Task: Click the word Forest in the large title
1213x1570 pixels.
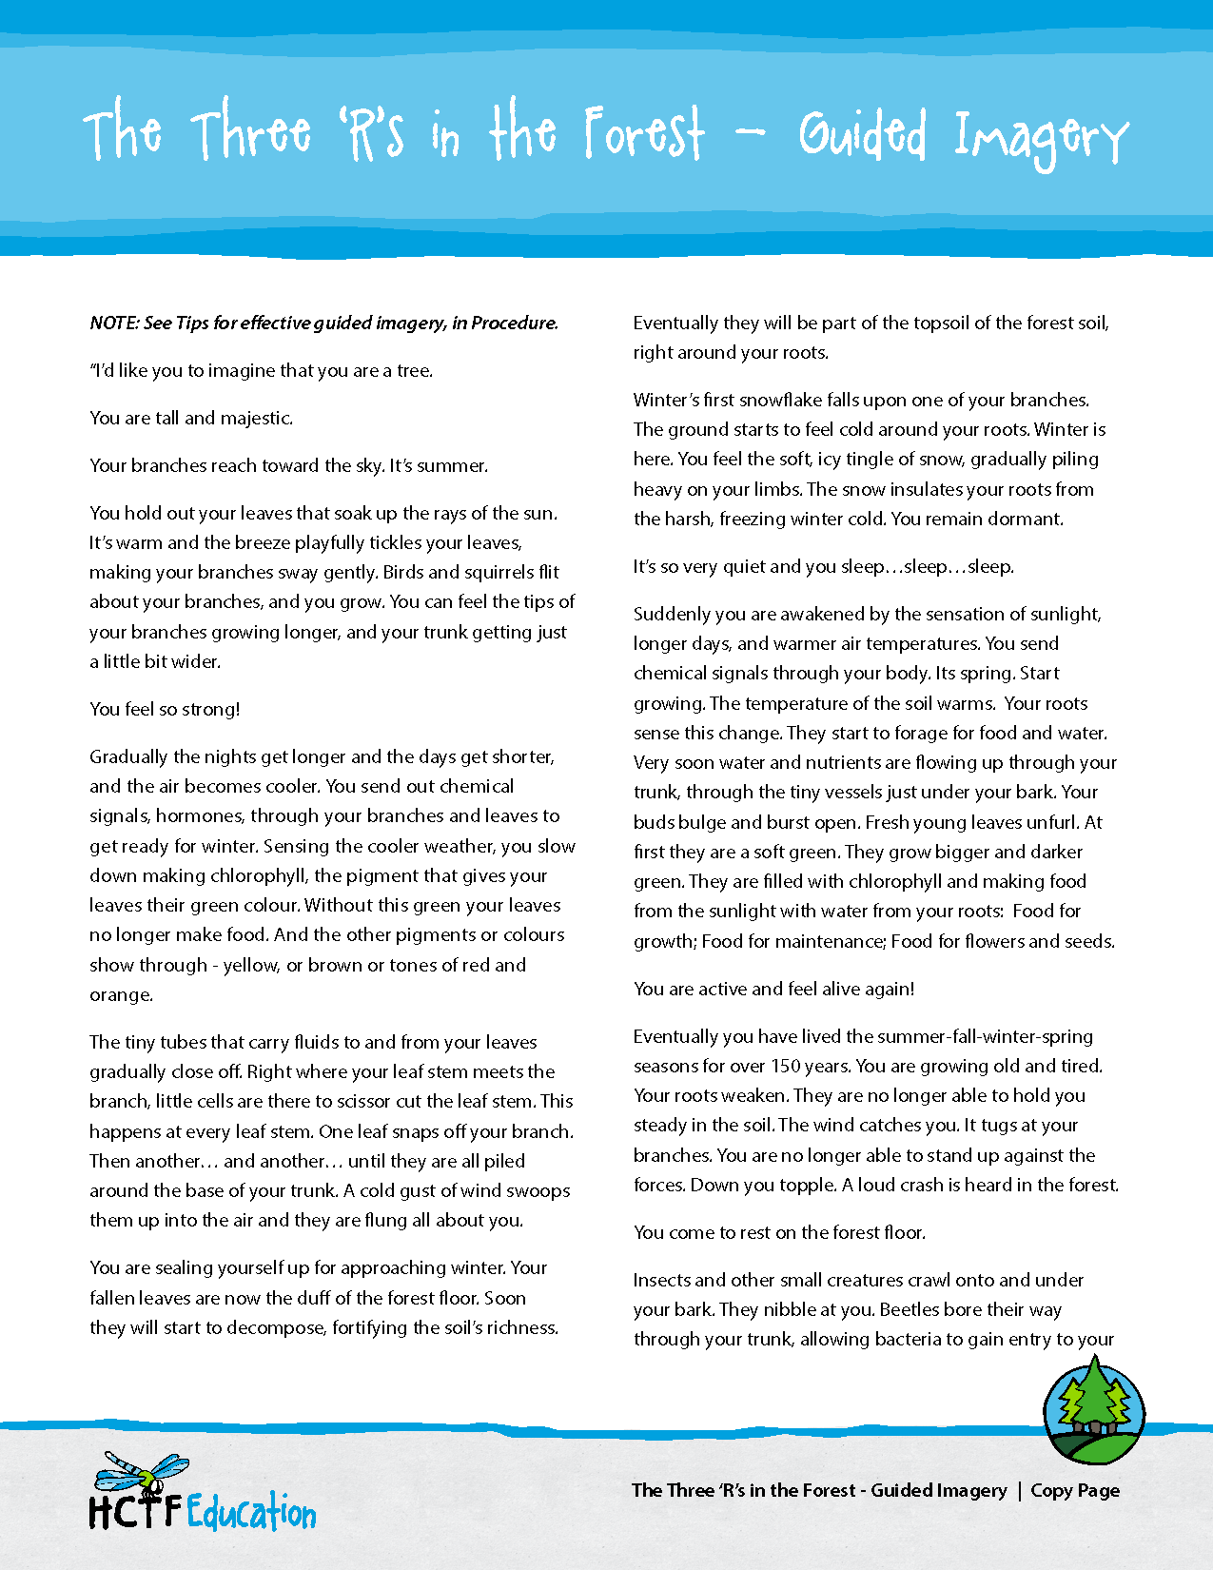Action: click(x=644, y=133)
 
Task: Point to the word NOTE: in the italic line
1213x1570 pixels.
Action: click(x=114, y=323)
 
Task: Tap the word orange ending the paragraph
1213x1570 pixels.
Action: click(x=120, y=994)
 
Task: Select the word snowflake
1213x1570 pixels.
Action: click(x=780, y=400)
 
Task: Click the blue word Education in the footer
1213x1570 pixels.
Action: click(x=251, y=1512)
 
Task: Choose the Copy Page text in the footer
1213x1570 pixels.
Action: click(x=1075, y=1490)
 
